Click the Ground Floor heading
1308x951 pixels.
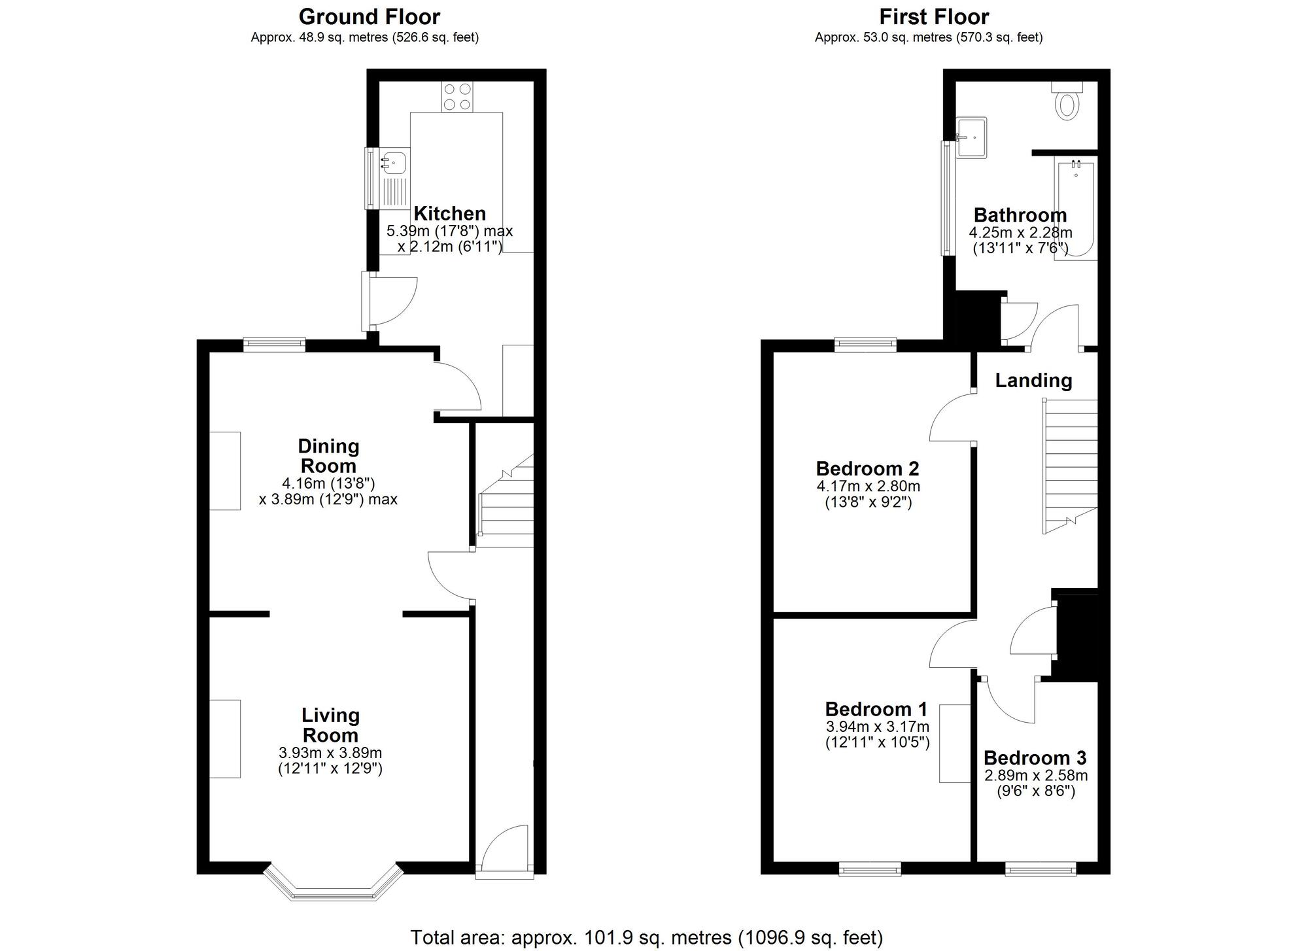coord(369,16)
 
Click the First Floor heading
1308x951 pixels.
coord(933,16)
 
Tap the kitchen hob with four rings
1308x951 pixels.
coord(456,97)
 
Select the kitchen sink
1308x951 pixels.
coord(394,160)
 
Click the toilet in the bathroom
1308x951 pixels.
coord(1067,104)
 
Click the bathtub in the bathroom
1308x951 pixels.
coord(1075,211)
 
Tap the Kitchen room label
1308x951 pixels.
coord(449,214)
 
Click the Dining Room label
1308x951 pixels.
coord(328,456)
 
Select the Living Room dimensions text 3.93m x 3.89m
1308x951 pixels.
coord(330,753)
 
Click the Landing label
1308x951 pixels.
coord(1033,381)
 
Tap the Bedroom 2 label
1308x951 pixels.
coord(867,469)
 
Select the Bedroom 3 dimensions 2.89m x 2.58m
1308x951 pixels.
coord(1036,776)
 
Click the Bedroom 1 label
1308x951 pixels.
coord(876,709)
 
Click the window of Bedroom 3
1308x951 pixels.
coord(1040,869)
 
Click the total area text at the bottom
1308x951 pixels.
coord(646,937)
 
